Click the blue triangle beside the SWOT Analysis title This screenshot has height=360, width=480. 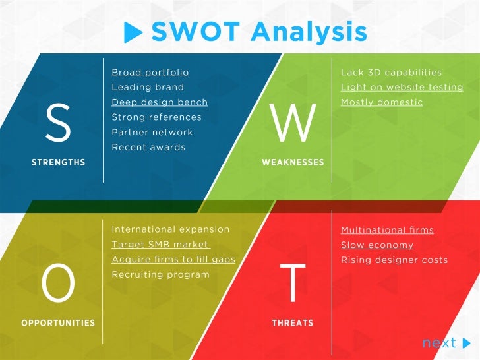(133, 31)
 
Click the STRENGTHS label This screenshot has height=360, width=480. (58, 162)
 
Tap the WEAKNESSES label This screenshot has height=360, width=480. (293, 162)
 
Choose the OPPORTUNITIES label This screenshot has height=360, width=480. (58, 323)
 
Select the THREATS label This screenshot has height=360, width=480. (293, 323)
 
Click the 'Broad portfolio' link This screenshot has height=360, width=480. (150, 72)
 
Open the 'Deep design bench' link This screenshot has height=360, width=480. (160, 102)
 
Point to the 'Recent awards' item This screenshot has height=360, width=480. (148, 147)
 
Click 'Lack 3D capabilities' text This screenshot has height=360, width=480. (391, 72)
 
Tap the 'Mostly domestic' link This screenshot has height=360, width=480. (382, 102)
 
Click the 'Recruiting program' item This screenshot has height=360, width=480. (160, 274)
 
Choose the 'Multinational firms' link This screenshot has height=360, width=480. (387, 230)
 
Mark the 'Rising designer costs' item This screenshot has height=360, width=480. (394, 260)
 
